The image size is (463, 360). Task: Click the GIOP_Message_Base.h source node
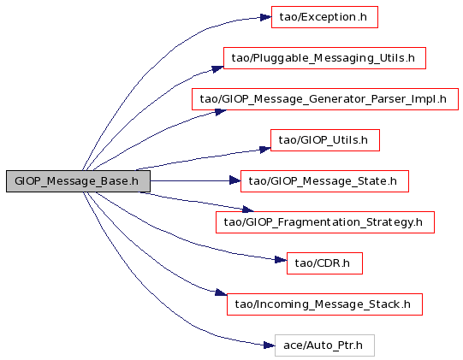pos(78,181)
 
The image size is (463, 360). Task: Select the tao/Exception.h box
pos(324,17)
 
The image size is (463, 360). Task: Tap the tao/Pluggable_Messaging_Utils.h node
pos(324,58)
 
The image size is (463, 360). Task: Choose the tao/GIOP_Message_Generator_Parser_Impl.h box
pos(325,99)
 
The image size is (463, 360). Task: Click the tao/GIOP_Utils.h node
pos(325,140)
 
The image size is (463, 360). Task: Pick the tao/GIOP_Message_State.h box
pos(324,181)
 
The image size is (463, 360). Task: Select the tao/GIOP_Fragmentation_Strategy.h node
pos(325,222)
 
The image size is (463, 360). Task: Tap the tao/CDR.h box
pos(324,263)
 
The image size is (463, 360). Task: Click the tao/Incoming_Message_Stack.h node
pos(324,304)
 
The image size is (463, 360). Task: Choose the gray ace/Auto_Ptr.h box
pos(324,345)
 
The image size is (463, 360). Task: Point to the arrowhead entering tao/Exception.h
pos(266,17)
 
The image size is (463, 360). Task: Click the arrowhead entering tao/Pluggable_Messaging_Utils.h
pos(217,69)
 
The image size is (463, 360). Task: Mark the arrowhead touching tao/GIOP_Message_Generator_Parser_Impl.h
pos(221,112)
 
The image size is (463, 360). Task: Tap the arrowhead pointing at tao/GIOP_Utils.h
pos(265,150)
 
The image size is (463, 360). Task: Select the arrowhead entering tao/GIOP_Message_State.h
pos(235,180)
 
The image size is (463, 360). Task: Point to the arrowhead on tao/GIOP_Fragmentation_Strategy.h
pos(248,210)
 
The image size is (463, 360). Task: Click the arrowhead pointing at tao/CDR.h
pos(281,260)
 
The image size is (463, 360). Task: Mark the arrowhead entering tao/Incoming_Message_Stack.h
pos(221,292)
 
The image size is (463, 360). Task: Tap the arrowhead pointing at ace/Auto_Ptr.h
pos(269,345)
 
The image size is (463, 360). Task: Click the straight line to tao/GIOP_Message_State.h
pos(190,180)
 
